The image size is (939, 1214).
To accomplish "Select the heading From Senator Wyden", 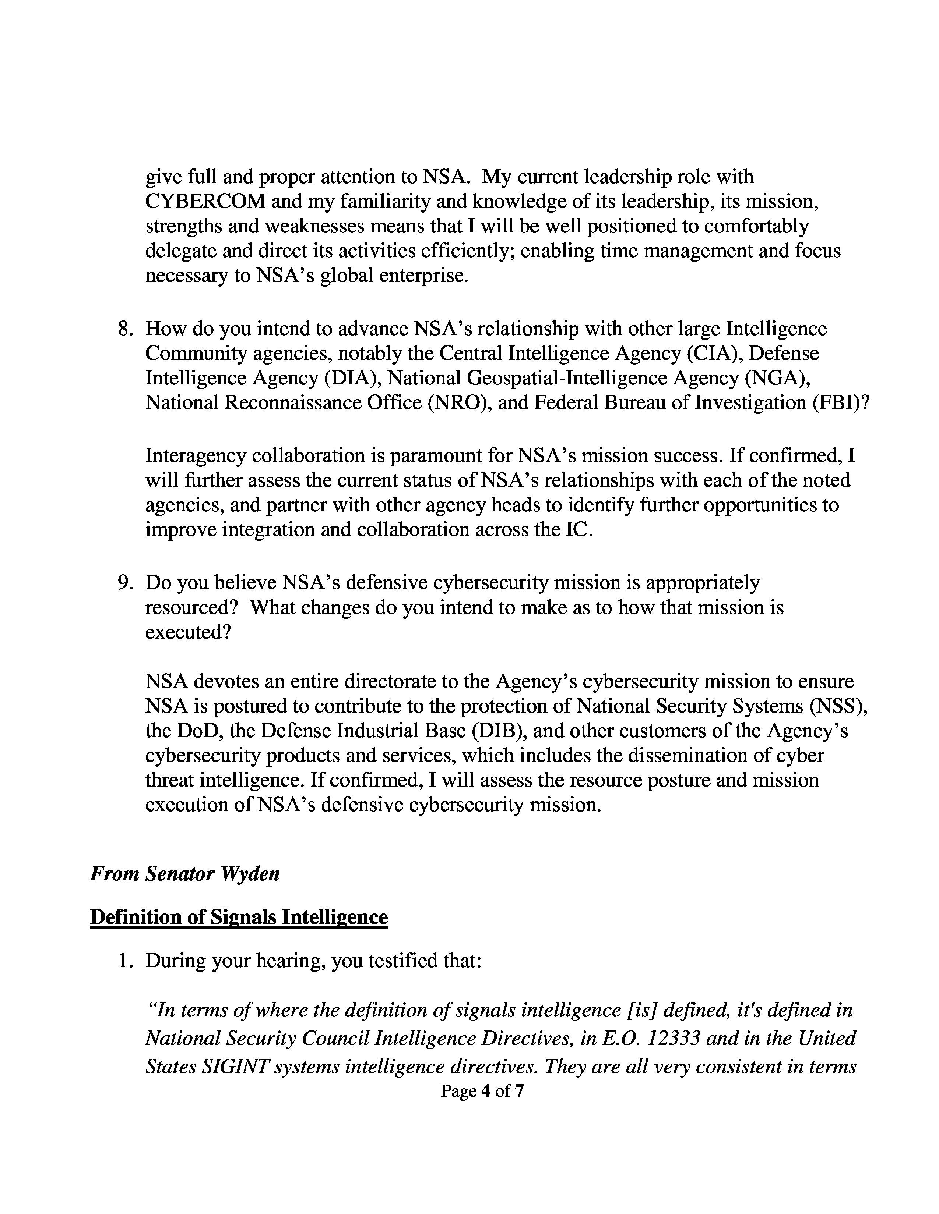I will click(185, 874).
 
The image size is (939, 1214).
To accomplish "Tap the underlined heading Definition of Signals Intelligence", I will click(239, 917).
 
